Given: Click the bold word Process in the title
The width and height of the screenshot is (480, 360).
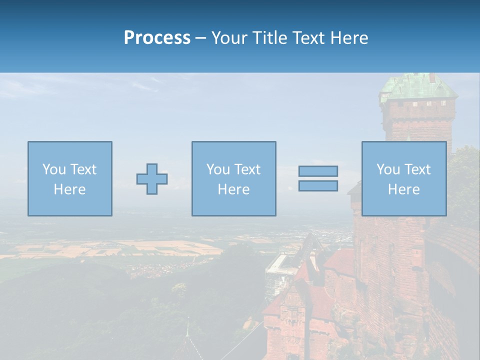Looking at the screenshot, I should (x=157, y=38).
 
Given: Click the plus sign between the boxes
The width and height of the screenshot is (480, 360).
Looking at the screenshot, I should (x=152, y=179).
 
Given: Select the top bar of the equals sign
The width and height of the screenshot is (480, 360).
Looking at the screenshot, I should (x=318, y=171).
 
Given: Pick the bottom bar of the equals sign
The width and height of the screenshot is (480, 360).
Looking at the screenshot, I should (x=318, y=186).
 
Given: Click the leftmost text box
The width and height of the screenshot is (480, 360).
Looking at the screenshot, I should (x=70, y=178).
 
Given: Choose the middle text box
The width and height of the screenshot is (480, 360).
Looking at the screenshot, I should (x=233, y=178).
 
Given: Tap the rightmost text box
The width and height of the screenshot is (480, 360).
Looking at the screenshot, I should (x=404, y=178).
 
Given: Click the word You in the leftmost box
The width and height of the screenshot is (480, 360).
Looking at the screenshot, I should (x=54, y=169).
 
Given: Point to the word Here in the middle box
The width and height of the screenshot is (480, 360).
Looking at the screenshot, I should (x=233, y=189).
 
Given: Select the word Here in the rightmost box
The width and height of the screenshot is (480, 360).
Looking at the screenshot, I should (x=404, y=189).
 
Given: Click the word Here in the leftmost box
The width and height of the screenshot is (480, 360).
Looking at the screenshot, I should (x=70, y=189).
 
